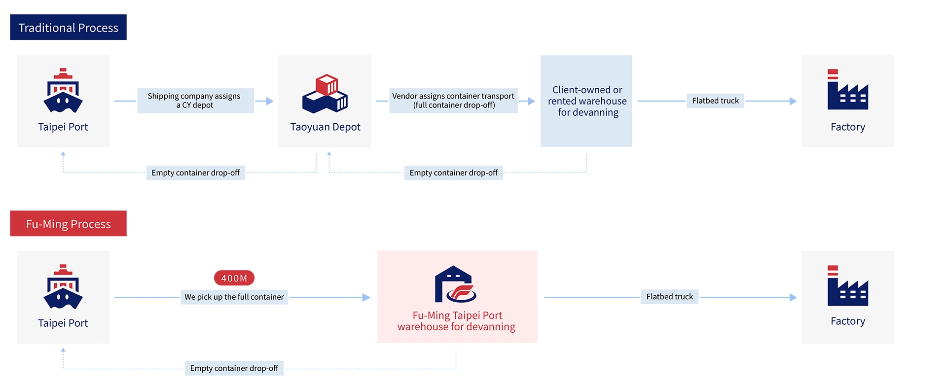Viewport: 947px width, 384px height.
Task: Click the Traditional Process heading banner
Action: tap(68, 28)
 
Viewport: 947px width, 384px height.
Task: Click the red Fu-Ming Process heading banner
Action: tap(68, 224)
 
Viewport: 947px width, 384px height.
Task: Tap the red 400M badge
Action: tap(234, 278)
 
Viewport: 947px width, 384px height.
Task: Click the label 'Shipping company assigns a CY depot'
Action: tap(195, 101)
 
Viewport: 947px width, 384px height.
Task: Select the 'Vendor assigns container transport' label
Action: tap(453, 101)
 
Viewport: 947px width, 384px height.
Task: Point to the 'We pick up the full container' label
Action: tap(234, 297)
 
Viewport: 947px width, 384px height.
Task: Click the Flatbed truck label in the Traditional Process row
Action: tap(715, 101)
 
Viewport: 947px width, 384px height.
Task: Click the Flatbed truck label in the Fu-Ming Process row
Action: tap(669, 297)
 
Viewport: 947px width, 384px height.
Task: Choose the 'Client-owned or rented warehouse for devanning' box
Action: tap(586, 101)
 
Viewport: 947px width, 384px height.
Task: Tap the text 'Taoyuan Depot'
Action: tap(325, 127)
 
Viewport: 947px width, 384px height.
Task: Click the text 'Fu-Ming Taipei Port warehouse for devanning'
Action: tap(457, 321)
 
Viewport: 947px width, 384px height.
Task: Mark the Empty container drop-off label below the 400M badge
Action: tap(234, 368)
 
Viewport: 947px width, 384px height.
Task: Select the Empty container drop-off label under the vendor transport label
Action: tap(453, 173)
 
